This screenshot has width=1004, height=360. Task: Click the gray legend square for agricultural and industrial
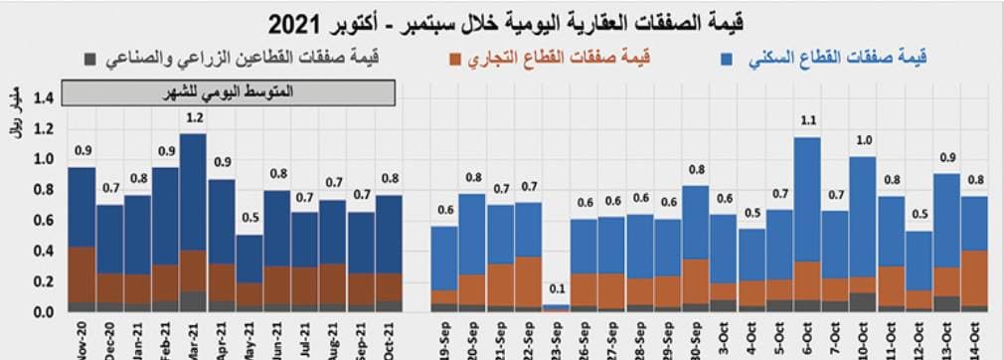click(x=91, y=59)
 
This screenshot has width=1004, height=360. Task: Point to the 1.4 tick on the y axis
click(x=43, y=97)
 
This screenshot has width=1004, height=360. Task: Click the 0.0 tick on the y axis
click(x=43, y=312)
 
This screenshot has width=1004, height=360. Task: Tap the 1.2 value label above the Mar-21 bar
click(x=194, y=118)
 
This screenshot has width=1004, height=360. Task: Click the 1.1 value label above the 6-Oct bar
click(x=807, y=122)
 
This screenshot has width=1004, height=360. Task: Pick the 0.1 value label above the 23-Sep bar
click(x=557, y=289)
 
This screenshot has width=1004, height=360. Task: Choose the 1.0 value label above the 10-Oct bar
click(x=863, y=140)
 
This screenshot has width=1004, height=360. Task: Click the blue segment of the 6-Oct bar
click(x=807, y=199)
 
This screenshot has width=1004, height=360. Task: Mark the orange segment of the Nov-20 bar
click(x=83, y=273)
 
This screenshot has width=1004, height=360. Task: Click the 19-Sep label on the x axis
click(x=444, y=338)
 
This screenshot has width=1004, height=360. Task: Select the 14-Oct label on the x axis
click(x=974, y=338)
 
